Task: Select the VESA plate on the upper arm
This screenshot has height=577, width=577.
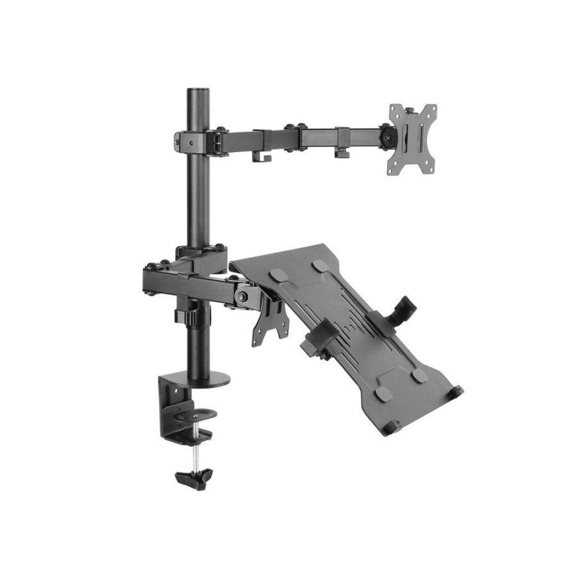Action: click(x=412, y=138)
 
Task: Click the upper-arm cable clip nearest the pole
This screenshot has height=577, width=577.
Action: click(x=262, y=155)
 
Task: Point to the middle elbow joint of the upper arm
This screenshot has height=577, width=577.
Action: click(x=295, y=136)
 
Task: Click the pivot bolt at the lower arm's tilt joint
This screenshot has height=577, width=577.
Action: click(x=243, y=296)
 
